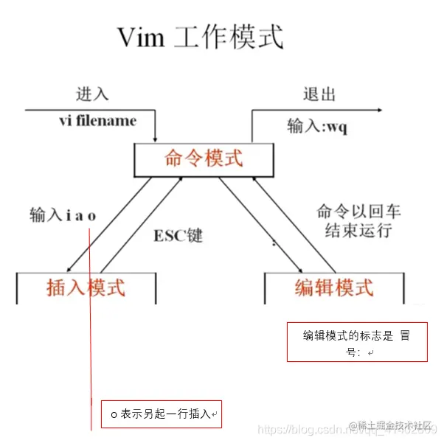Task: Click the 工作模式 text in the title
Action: coord(229,38)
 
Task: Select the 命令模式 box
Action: coord(204,158)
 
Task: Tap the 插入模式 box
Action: coord(86,287)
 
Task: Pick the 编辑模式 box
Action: coord(334,287)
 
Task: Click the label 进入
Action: coord(92,94)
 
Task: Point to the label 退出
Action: coord(319,94)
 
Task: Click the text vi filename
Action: coord(97,120)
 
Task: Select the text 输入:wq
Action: coord(317,127)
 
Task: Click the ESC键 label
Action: coord(178,236)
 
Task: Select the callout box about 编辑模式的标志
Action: coord(357,341)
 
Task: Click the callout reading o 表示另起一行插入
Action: coord(161,414)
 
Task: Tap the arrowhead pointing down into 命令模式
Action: coord(156,138)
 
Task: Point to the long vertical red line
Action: coord(90,332)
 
